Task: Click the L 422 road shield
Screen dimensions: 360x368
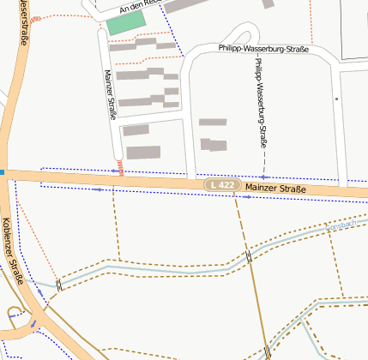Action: click(220, 185)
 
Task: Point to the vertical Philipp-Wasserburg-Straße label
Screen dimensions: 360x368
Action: click(260, 103)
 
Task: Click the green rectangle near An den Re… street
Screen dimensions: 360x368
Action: click(121, 24)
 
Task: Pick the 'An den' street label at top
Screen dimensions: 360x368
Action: click(134, 8)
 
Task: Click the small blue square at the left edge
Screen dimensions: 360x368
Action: click(2, 172)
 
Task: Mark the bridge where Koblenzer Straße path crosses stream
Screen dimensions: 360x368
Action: click(59, 285)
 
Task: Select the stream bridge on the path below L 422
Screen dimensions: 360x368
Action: click(248, 256)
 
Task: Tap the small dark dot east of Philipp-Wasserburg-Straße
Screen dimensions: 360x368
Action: click(337, 99)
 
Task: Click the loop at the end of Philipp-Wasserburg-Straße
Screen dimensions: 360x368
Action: click(242, 37)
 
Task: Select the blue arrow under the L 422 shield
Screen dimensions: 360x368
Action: click(246, 198)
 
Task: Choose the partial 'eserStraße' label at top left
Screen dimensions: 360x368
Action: click(23, 21)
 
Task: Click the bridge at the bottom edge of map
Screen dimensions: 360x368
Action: click(267, 351)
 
